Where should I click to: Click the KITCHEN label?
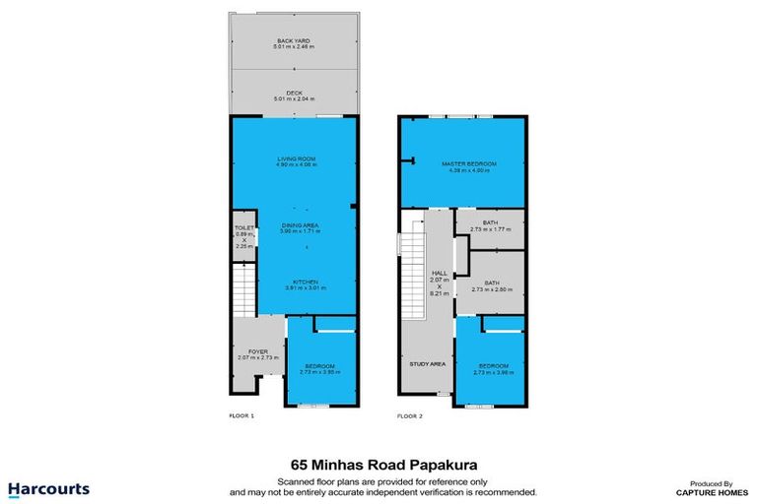[305, 283]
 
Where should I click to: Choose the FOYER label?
[258, 354]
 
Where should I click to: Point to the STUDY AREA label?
[427, 363]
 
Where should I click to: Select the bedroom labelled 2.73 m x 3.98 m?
[490, 370]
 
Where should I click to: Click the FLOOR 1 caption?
[241, 416]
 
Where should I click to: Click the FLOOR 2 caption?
[409, 416]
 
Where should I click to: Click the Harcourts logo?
[49, 489]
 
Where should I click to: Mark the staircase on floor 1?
[242, 293]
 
